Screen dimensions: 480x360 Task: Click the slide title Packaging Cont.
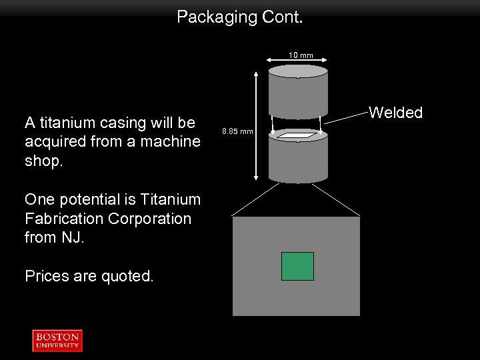click(239, 17)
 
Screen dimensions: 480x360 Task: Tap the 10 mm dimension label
click(301, 55)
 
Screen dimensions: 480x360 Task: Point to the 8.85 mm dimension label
click(237, 131)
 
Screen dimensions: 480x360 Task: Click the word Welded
click(396, 113)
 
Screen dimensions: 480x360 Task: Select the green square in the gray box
click(297, 266)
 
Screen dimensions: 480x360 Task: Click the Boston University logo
click(57, 340)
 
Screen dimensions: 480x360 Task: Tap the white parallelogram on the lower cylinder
click(297, 135)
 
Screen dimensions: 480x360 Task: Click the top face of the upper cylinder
click(297, 71)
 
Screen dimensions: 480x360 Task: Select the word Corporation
click(152, 219)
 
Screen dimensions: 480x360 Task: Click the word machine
click(170, 141)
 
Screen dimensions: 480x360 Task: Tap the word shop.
click(43, 161)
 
